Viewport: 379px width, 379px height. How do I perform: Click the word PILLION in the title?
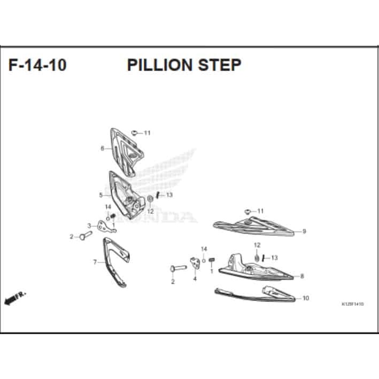(x=159, y=65)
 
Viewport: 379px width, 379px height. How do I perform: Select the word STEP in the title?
(x=219, y=65)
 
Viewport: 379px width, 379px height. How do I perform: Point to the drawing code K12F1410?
(x=352, y=304)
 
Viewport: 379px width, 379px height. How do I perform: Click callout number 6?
(x=102, y=149)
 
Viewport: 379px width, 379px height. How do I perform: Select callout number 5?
(x=100, y=195)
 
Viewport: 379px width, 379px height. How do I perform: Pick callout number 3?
(x=89, y=226)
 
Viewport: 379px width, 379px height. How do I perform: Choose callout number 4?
(x=195, y=279)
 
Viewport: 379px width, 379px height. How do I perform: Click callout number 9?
(x=304, y=231)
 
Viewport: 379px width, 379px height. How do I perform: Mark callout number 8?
(x=303, y=276)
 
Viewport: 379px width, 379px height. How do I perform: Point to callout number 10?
(x=305, y=298)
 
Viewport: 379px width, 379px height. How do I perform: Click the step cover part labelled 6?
(x=126, y=151)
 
